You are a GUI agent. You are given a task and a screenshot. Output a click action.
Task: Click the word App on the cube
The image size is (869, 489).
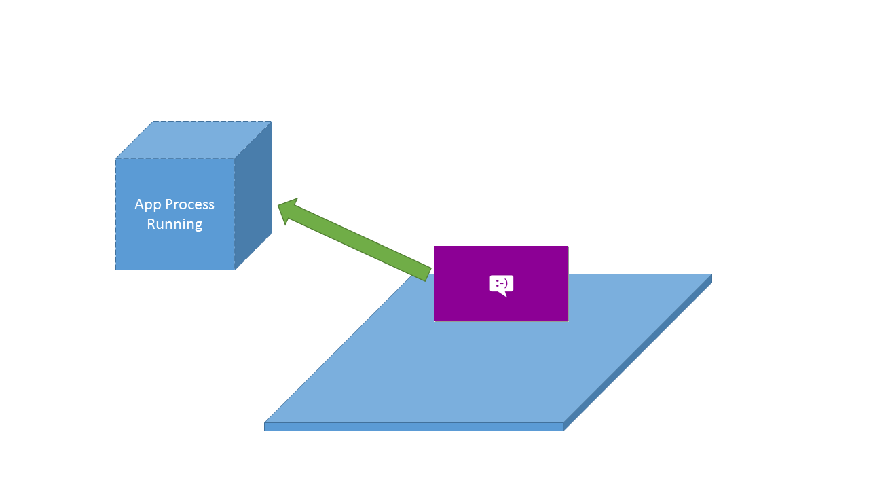click(x=148, y=205)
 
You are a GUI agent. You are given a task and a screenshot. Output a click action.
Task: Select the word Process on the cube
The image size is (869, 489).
click(x=189, y=204)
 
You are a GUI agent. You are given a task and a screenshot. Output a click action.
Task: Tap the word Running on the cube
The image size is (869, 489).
click(x=174, y=225)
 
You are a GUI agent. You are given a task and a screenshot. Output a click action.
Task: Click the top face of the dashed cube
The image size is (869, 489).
click(x=194, y=140)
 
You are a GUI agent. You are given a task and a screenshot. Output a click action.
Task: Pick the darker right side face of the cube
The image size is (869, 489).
click(x=253, y=195)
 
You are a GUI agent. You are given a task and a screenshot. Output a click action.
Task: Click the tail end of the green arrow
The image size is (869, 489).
click(x=428, y=274)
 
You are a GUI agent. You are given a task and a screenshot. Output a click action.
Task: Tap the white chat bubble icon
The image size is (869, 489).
click(x=502, y=286)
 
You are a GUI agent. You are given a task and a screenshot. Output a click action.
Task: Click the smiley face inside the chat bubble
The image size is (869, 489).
click(x=502, y=284)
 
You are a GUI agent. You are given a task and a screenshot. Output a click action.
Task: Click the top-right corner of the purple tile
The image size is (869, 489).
click(x=568, y=246)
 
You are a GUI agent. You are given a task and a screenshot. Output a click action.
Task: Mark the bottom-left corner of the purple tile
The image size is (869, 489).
click(x=434, y=321)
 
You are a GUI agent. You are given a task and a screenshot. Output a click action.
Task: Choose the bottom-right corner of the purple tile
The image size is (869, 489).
click(x=568, y=321)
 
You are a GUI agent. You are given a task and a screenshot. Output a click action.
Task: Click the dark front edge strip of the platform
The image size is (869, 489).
click(x=413, y=427)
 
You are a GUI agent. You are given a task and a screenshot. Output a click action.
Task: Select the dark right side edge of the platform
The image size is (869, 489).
click(x=637, y=352)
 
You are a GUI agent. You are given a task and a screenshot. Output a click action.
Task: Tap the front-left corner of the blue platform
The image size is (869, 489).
click(x=265, y=423)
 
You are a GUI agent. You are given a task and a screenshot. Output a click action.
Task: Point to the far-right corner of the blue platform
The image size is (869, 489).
click(x=712, y=274)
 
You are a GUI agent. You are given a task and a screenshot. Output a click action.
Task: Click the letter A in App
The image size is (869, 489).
click(x=139, y=204)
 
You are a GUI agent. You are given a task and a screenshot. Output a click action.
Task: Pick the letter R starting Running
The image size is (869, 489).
click(x=151, y=224)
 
